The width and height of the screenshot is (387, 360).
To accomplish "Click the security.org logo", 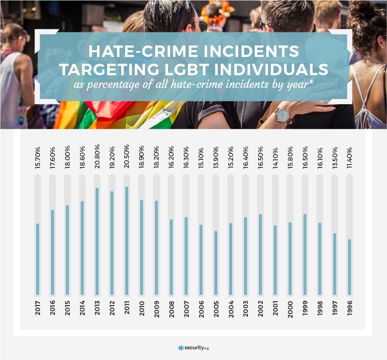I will (x=193, y=348).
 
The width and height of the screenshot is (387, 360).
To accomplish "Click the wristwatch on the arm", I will (x=282, y=115).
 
